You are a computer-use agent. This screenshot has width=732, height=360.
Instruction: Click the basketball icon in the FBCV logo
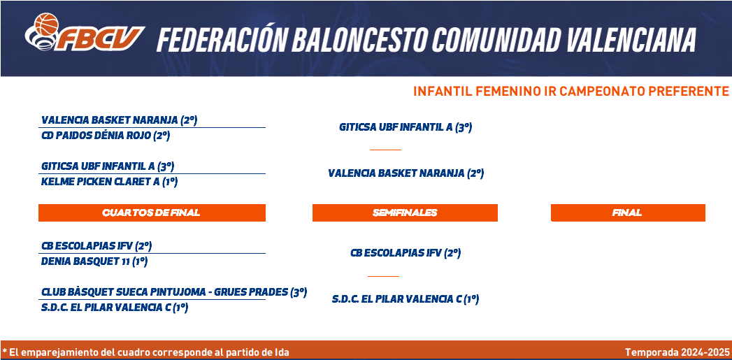coord(46,24)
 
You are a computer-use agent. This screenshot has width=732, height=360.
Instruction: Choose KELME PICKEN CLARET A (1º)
coord(110,182)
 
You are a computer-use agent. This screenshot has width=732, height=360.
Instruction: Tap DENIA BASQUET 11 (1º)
coord(95,261)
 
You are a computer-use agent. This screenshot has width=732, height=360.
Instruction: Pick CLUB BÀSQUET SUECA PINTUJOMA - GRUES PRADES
coord(164,292)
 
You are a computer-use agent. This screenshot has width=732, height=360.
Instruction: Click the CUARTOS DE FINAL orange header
coord(152,213)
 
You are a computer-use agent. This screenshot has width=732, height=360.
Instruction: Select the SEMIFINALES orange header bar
coord(405,213)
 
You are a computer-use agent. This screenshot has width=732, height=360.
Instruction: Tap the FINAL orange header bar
coord(628,213)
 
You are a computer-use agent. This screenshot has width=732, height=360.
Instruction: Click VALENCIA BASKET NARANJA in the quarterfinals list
coord(110,120)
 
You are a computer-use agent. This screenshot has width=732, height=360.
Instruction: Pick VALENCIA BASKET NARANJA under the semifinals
coord(396,173)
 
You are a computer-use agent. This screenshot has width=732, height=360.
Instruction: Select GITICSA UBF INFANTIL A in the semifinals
coord(396,127)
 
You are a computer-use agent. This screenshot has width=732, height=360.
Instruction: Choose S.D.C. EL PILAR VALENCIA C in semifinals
coord(396,298)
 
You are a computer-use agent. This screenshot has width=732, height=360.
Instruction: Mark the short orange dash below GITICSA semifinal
coord(385,150)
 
